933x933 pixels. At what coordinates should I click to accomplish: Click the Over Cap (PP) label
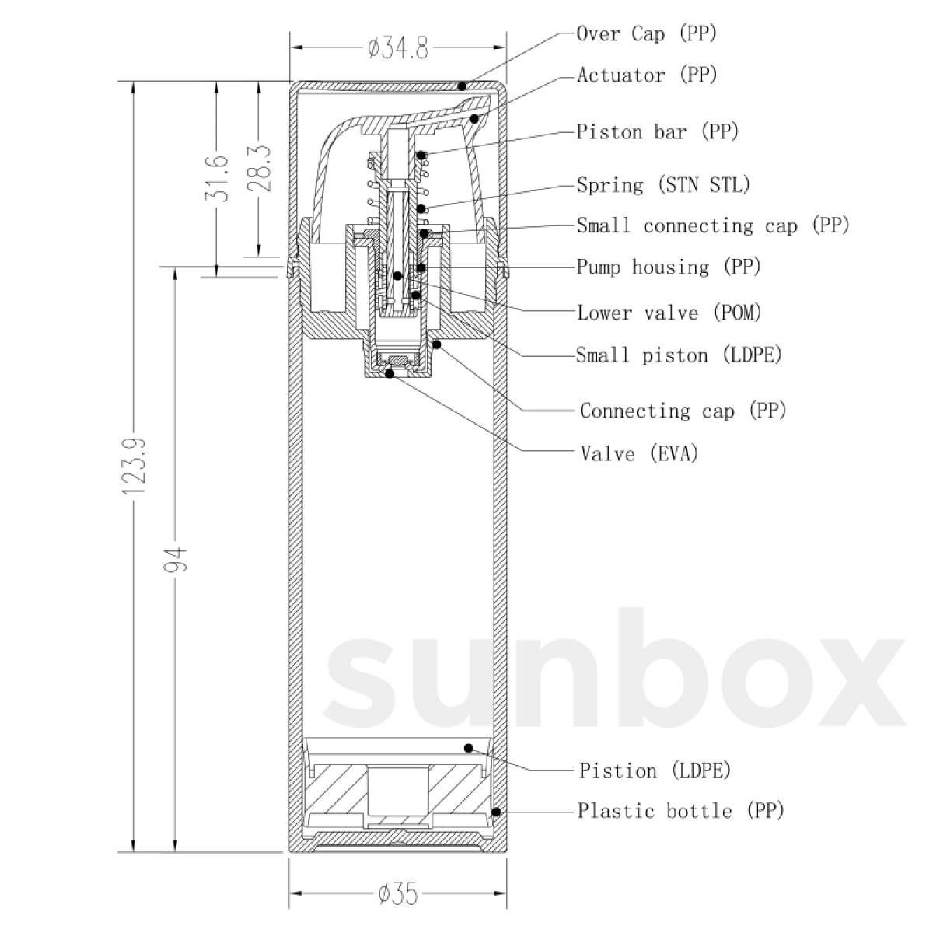click(x=647, y=33)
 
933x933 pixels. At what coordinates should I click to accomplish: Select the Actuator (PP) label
click(x=648, y=75)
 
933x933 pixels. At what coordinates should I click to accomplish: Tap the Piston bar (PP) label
click(x=658, y=131)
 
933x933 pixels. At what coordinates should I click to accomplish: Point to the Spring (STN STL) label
click(x=664, y=185)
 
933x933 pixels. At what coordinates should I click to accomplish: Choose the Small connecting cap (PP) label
click(x=714, y=225)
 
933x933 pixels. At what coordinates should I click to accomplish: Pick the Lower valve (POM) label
click(x=670, y=313)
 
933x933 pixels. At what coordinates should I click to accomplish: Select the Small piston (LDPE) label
click(x=680, y=355)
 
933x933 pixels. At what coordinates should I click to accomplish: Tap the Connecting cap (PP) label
click(x=683, y=411)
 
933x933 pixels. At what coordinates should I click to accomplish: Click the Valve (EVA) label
click(x=640, y=453)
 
